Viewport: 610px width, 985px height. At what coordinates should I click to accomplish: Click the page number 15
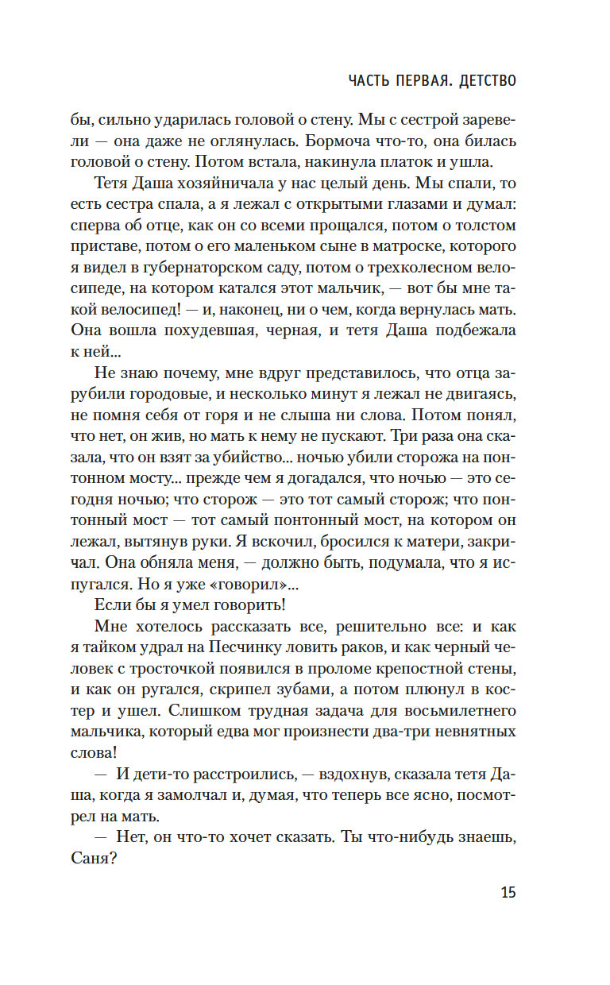pos(508,891)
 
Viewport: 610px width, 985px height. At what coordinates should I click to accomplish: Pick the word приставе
pos(125,245)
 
